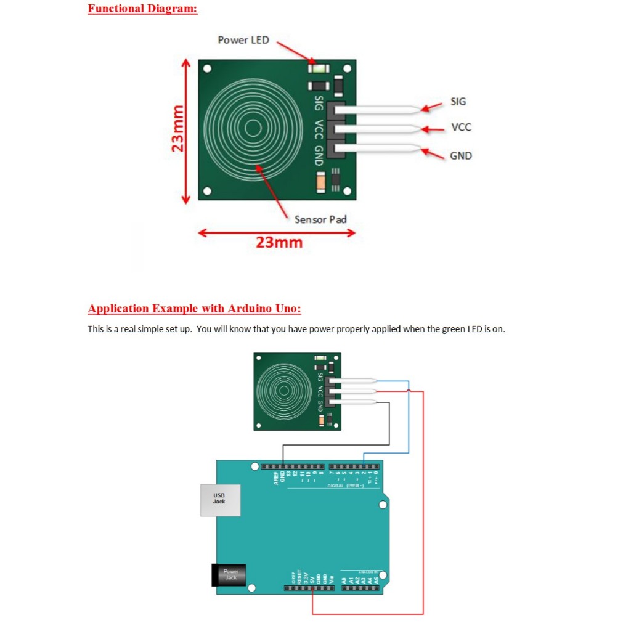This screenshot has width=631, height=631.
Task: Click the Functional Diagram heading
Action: [x=142, y=9]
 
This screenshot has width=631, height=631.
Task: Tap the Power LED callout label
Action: [x=243, y=40]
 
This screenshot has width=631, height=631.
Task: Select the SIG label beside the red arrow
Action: [x=458, y=102]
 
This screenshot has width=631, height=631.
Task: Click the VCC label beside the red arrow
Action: [x=461, y=127]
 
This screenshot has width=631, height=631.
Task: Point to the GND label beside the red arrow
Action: [x=461, y=156]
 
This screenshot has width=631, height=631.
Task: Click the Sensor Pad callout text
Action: [x=320, y=219]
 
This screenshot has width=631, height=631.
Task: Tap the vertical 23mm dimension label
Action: [x=178, y=129]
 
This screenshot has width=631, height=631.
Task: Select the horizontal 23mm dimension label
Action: [x=279, y=242]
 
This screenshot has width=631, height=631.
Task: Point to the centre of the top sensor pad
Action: [x=253, y=128]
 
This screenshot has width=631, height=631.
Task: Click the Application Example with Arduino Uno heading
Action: [x=194, y=308]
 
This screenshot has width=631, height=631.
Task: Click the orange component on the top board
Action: [x=320, y=181]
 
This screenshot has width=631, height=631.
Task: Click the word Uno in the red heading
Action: [x=287, y=308]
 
